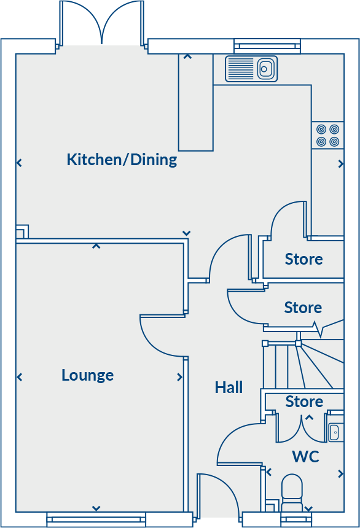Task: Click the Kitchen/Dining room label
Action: click(x=122, y=160)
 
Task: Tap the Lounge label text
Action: click(x=87, y=375)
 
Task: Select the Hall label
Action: click(x=229, y=387)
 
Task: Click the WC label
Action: click(x=305, y=457)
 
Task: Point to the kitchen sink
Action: click(x=251, y=68)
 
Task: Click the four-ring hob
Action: click(x=327, y=136)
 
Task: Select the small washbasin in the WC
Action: click(x=335, y=431)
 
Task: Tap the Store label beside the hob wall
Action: click(x=303, y=259)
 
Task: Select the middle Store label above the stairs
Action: click(x=303, y=307)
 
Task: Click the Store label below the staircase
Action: click(x=304, y=402)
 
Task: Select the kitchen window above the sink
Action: click(x=267, y=46)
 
